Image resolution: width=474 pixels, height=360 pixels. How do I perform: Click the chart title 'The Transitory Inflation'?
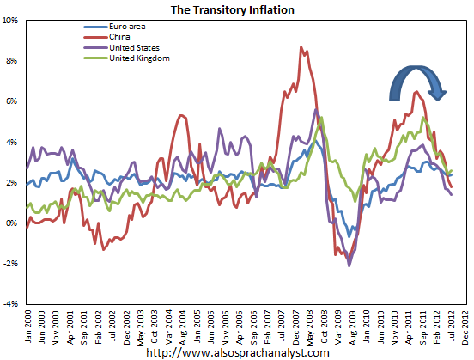[x=237, y=9]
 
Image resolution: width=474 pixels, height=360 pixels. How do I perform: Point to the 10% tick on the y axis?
[x=12, y=21]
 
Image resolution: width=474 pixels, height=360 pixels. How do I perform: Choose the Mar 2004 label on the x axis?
[x=169, y=326]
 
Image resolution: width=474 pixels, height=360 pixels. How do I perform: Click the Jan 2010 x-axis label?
[x=367, y=326]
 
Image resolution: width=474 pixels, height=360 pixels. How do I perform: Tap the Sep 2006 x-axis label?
[x=253, y=326]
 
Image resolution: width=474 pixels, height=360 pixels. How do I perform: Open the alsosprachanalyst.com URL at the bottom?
[x=237, y=352]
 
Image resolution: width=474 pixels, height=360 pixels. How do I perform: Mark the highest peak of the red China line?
[x=301, y=46]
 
